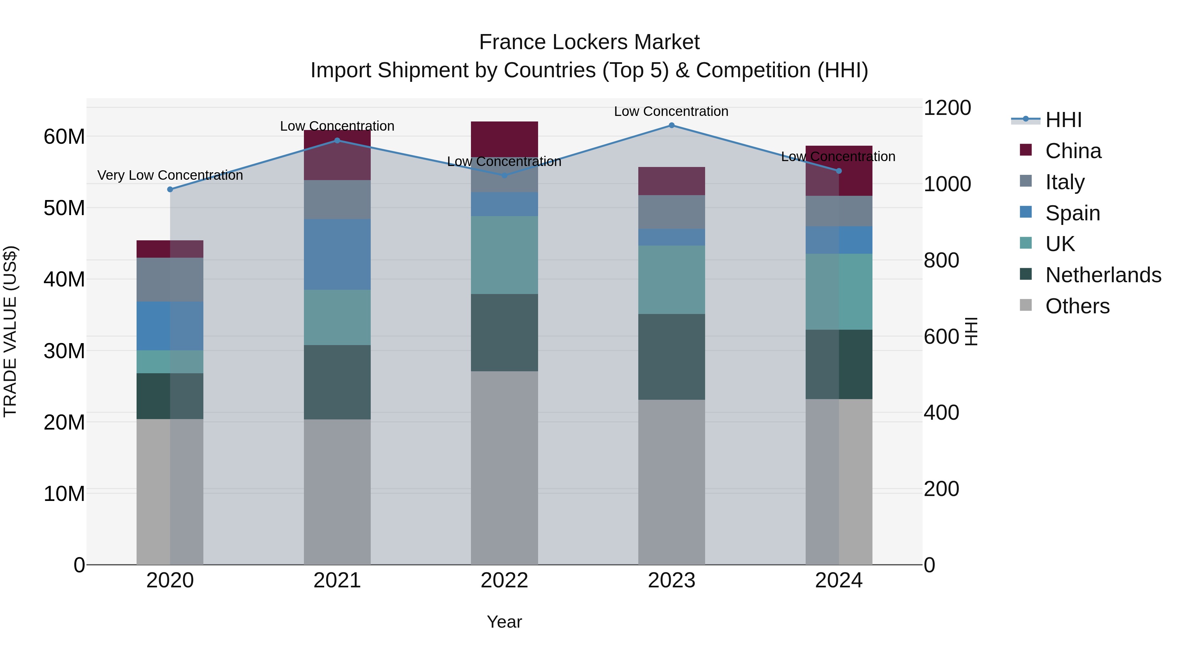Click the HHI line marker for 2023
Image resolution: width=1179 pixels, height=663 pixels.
tap(671, 125)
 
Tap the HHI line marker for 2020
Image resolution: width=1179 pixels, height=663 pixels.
tap(170, 190)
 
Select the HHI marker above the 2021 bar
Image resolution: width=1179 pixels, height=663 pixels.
tap(337, 140)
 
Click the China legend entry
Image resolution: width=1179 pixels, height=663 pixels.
tap(1073, 151)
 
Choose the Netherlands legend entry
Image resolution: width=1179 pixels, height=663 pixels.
tap(1103, 275)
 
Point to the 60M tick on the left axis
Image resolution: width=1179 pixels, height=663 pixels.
tap(64, 136)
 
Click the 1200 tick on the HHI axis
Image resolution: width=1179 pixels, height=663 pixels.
tap(947, 108)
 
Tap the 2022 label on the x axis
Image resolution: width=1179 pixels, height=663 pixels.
tap(504, 580)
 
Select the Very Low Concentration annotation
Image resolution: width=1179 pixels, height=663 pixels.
tap(170, 175)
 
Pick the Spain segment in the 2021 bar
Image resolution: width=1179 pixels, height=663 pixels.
tap(337, 254)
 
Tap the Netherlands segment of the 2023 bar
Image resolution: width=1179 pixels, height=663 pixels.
tap(671, 357)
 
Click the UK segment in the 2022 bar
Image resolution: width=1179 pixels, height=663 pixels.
tap(504, 255)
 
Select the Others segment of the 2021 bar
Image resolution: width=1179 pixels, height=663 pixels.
tap(337, 492)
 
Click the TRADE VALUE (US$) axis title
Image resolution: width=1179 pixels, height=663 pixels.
tap(10, 331)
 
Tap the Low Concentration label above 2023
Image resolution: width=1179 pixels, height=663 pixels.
tap(671, 111)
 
